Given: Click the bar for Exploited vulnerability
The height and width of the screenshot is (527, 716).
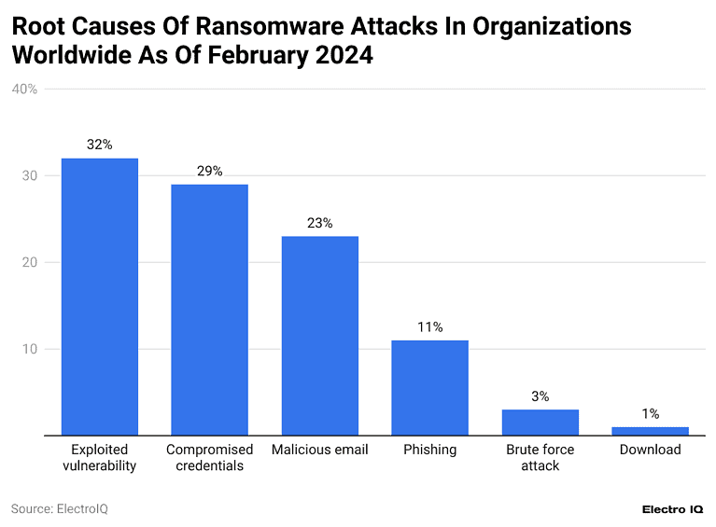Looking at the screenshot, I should [99, 297].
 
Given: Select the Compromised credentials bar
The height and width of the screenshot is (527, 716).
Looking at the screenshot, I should [209, 310].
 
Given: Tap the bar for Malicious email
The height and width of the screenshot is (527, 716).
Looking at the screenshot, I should [319, 336].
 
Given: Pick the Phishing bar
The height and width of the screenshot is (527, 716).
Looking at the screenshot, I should [429, 388].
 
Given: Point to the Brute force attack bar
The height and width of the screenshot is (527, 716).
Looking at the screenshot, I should [540, 423].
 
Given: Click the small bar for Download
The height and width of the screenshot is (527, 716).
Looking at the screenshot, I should [650, 431].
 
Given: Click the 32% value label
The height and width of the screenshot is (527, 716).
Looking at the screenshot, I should [99, 145].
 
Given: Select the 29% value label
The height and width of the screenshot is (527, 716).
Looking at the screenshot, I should [209, 171].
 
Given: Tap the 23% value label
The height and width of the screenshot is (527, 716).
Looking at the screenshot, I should [319, 223].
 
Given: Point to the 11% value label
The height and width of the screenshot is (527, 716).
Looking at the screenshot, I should [429, 326].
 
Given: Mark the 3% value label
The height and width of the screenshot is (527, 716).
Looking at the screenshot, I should [540, 396].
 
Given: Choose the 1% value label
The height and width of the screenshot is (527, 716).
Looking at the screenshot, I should [650, 413].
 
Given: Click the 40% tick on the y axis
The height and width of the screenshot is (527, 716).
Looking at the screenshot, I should [24, 90].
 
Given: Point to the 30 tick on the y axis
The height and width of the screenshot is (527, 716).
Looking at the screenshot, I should [30, 175].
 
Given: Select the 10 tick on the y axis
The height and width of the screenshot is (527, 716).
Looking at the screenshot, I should [30, 349].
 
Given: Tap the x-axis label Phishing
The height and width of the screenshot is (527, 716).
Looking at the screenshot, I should [429, 450].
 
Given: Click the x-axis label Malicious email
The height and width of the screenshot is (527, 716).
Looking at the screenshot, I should [319, 450].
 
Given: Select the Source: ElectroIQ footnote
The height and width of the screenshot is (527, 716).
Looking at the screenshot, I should [53, 508].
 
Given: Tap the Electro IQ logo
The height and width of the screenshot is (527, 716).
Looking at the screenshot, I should [673, 509].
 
